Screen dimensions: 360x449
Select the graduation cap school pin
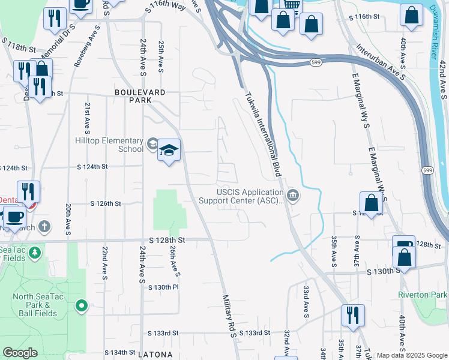coord(169,149)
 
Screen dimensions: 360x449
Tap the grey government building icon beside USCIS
coord(292,194)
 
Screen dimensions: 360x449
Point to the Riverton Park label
coord(423,295)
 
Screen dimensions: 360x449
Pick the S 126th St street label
coord(106,204)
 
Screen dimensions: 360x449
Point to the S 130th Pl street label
coord(163,287)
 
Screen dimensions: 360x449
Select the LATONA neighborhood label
coord(157,355)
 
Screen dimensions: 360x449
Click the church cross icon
coord(43,227)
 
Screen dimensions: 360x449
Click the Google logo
coord(20,353)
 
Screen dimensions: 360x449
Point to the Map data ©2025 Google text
coord(411,355)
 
